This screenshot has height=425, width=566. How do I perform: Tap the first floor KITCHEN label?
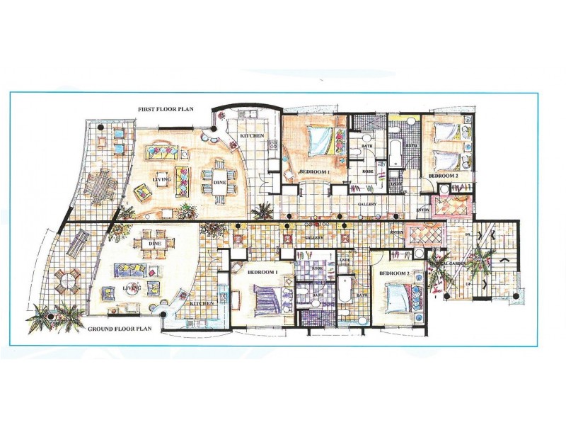coord(252,135)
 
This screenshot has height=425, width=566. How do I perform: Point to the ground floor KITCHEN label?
coord(203,305)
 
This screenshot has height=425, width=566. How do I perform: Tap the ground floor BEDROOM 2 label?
coord(393,273)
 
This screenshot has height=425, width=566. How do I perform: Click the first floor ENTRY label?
coord(424,210)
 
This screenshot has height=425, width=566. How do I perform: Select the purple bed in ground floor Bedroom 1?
coord(264,297)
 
